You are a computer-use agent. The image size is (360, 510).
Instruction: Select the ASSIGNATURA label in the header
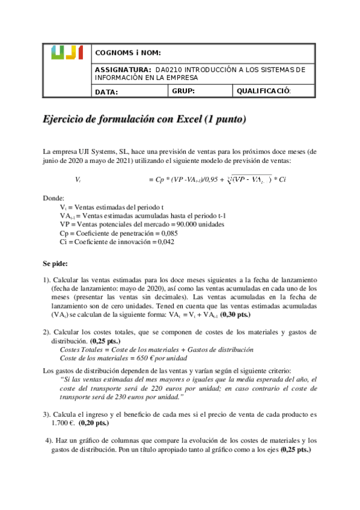tap(123, 70)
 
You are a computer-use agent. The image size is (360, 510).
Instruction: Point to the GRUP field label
tap(183, 91)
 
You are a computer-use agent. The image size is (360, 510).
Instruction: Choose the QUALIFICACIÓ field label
tap(264, 91)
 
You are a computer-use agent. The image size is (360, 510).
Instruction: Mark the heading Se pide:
tap(56, 263)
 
